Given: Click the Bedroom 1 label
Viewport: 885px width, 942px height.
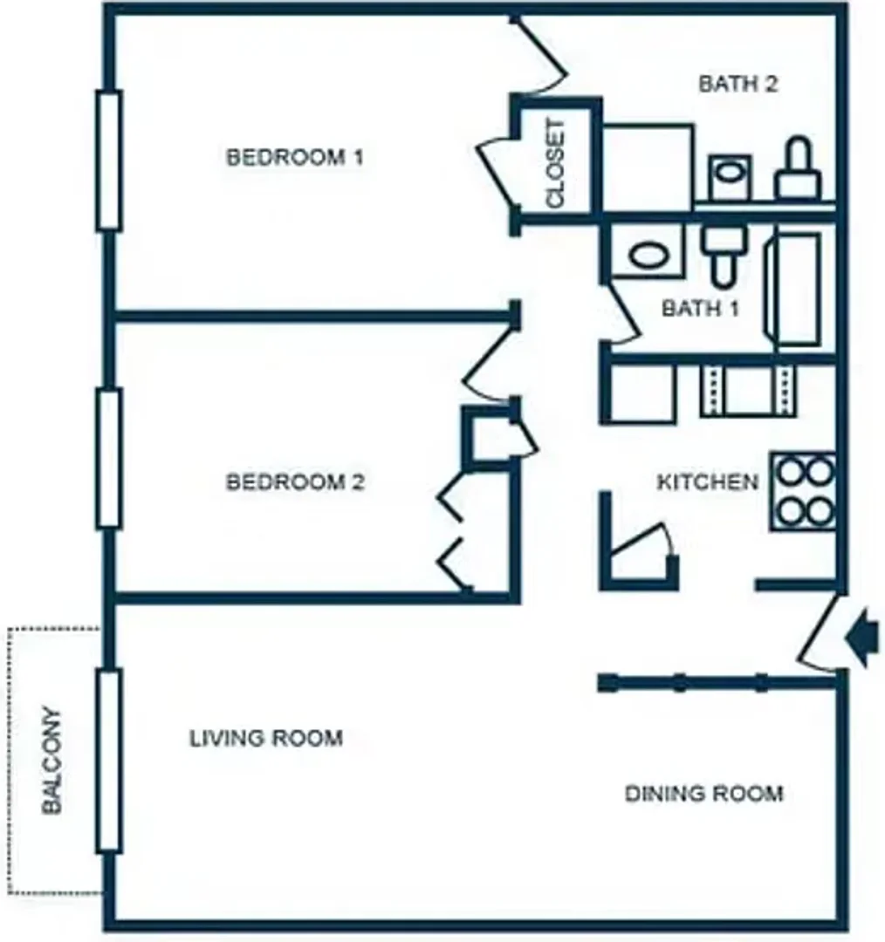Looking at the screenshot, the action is click(295, 157).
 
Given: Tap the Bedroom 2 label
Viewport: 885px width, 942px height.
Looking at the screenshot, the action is click(295, 481).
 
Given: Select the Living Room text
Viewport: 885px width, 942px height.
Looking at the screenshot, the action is click(266, 738).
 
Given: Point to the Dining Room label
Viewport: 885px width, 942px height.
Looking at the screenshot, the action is click(704, 794).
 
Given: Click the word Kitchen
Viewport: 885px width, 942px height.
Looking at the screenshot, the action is click(708, 481).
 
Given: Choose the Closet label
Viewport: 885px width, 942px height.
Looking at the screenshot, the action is click(556, 163).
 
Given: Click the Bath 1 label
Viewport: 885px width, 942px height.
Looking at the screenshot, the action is click(701, 308).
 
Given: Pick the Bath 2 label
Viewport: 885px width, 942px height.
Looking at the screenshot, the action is click(738, 84).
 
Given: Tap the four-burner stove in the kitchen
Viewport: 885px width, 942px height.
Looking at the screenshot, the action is click(803, 491).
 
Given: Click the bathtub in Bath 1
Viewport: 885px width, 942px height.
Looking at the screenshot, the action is click(792, 289).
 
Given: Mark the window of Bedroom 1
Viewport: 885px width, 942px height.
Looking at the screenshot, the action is click(109, 160).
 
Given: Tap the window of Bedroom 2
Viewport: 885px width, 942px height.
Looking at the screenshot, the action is click(109, 459).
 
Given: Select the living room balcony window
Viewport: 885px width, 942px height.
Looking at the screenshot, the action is click(109, 761).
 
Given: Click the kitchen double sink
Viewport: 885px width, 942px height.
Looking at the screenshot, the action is click(748, 391).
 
